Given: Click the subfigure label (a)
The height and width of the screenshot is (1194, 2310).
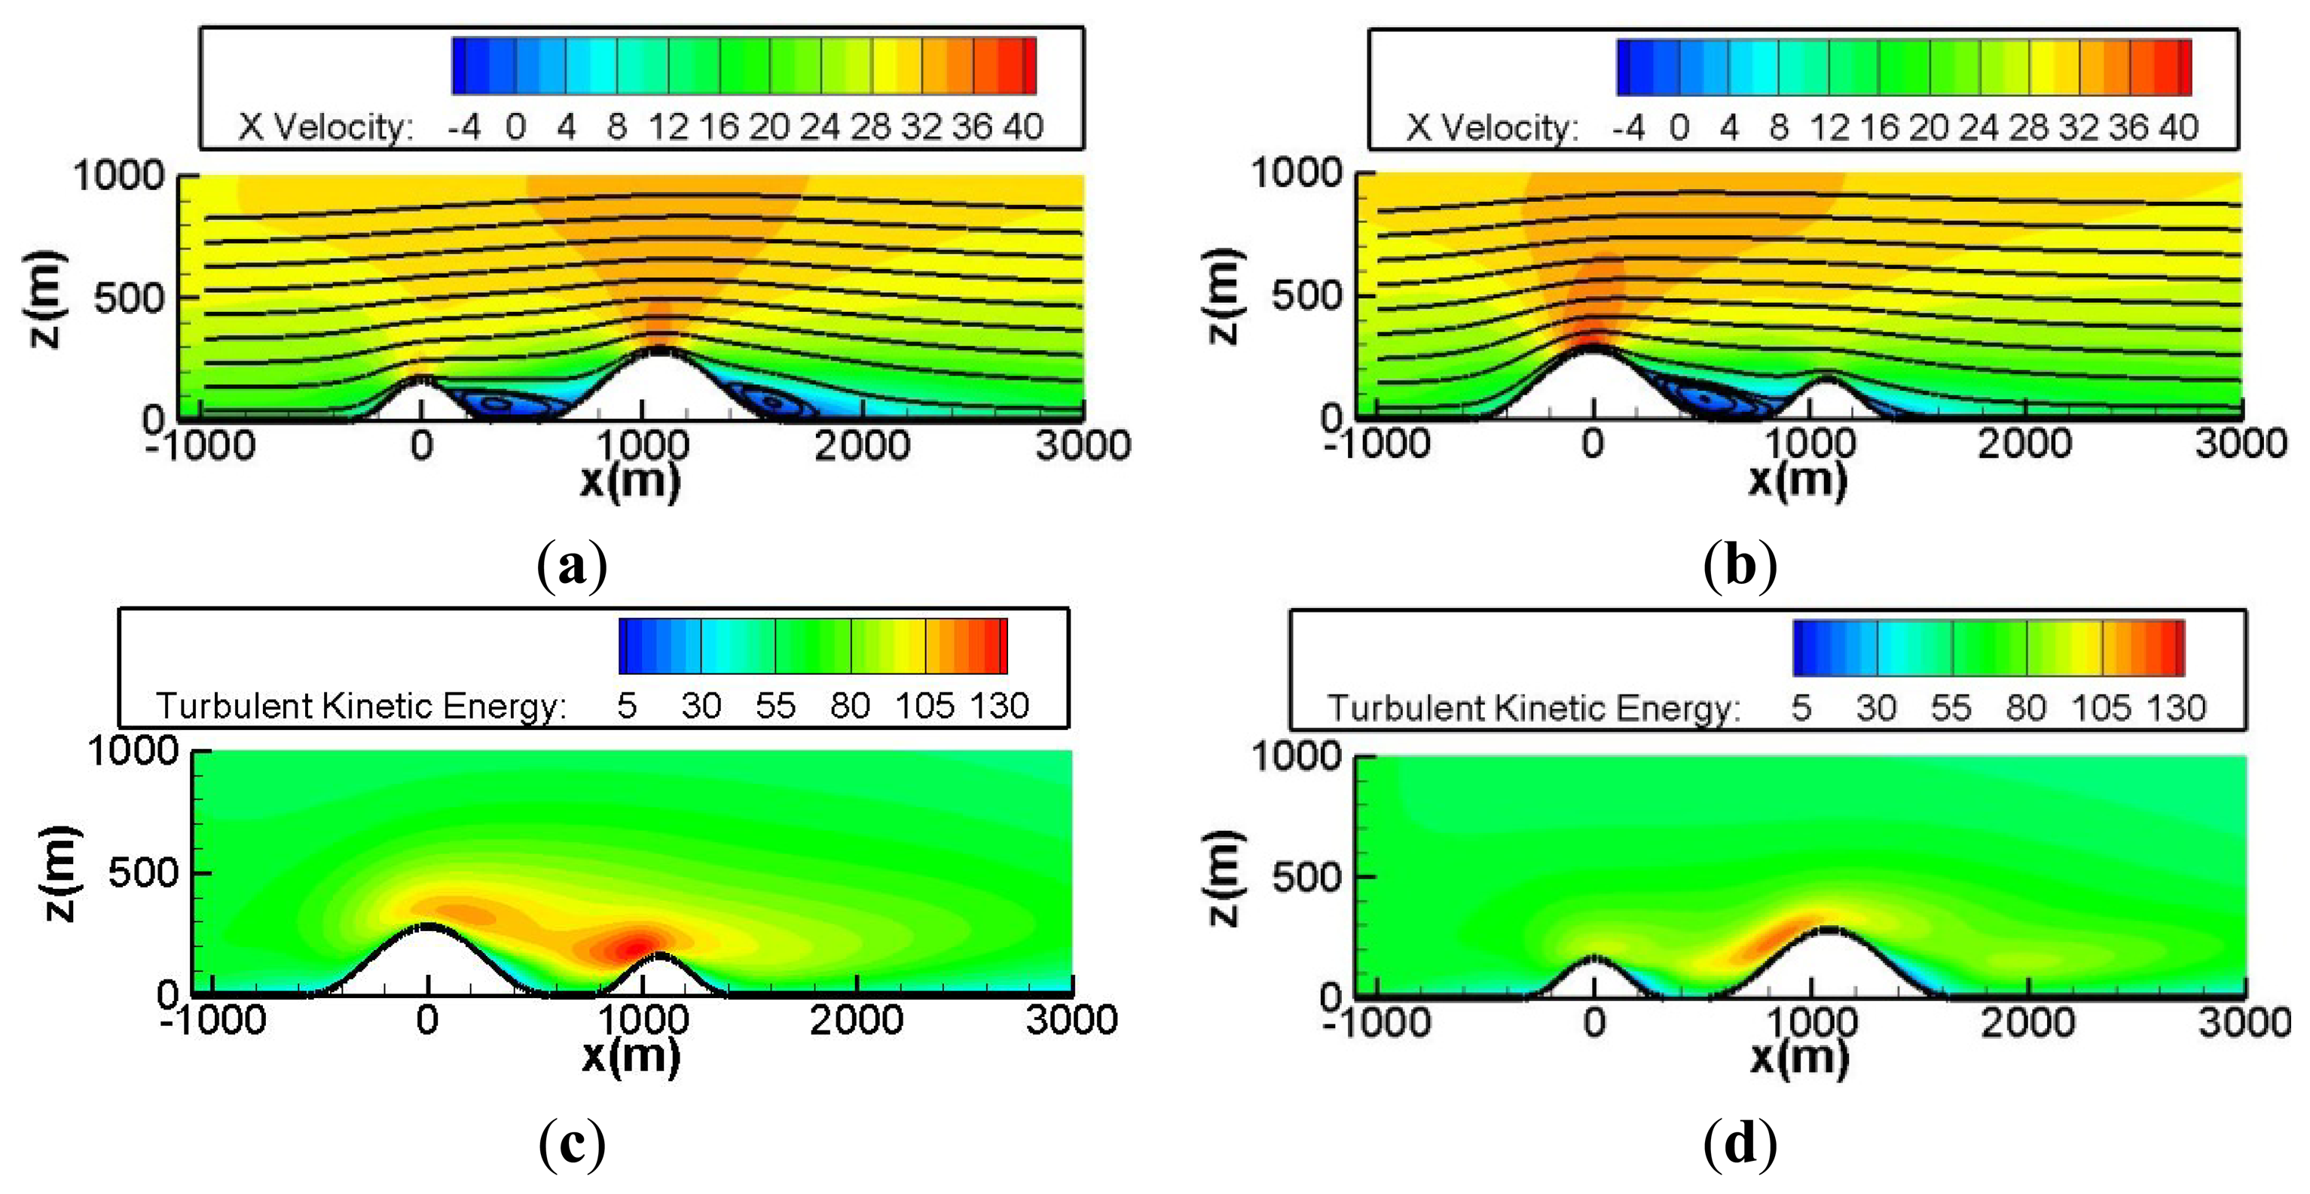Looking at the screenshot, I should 572,566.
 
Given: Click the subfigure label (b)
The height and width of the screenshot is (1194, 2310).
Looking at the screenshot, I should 1740,566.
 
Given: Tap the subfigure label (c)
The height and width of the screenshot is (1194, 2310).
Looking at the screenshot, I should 572,1143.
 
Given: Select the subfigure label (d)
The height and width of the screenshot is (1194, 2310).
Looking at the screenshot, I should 1740,1143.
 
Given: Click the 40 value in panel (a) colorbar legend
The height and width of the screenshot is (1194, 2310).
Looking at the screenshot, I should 1023,127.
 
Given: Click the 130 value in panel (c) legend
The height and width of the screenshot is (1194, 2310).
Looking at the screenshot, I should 1000,707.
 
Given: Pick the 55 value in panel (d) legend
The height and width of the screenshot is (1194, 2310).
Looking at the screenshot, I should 1951,708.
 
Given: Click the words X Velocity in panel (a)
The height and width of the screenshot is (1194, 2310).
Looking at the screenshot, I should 325,127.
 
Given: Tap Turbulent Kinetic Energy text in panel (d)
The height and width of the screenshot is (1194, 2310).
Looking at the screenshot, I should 1533,708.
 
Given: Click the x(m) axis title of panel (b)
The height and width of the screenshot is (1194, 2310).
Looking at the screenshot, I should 1798,481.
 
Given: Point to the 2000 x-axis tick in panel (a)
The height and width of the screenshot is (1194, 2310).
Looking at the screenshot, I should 862,445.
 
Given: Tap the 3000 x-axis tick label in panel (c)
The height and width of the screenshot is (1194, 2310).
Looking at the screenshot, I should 1071,1020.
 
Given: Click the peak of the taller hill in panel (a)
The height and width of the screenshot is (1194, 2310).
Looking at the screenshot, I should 660,350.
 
